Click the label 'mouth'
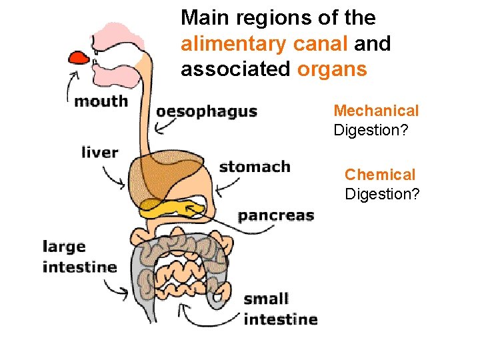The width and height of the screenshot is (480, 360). click(x=101, y=101)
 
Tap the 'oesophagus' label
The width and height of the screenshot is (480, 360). click(x=206, y=111)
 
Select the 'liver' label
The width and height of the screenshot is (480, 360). click(x=99, y=153)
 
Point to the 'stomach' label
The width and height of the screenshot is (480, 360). click(x=255, y=167)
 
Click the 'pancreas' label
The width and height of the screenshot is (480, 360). click(x=275, y=215)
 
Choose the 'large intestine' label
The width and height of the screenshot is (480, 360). click(x=79, y=257)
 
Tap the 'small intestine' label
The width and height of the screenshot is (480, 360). click(x=280, y=309)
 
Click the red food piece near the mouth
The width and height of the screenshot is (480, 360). click(x=79, y=57)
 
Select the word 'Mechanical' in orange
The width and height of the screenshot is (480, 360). click(x=376, y=111)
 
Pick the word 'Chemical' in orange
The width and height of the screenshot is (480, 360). click(x=379, y=175)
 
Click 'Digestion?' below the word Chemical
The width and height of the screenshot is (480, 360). click(x=382, y=194)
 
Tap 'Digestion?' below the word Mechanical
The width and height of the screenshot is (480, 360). click(x=371, y=130)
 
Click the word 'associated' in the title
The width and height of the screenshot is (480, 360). click(x=236, y=69)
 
